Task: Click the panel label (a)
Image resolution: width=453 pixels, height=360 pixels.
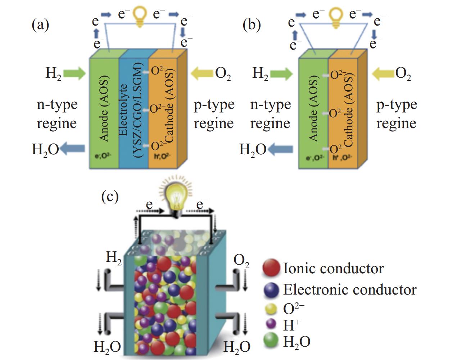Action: (40, 26)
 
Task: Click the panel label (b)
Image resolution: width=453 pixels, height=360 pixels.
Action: (252, 26)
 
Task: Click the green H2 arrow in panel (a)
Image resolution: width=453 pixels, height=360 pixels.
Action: (75, 74)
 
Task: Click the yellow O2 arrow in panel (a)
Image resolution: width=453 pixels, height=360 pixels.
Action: (202, 74)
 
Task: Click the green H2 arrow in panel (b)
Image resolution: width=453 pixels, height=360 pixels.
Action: (281, 74)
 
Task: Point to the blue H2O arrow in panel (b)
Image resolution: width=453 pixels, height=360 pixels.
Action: (281, 150)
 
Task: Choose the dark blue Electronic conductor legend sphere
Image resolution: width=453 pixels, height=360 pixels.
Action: (271, 290)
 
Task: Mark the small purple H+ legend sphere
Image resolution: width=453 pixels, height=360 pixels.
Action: (272, 325)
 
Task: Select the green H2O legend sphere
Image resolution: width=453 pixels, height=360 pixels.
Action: (272, 341)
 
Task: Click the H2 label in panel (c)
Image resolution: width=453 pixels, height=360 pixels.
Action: (114, 258)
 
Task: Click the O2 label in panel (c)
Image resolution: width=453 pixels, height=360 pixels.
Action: (241, 261)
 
